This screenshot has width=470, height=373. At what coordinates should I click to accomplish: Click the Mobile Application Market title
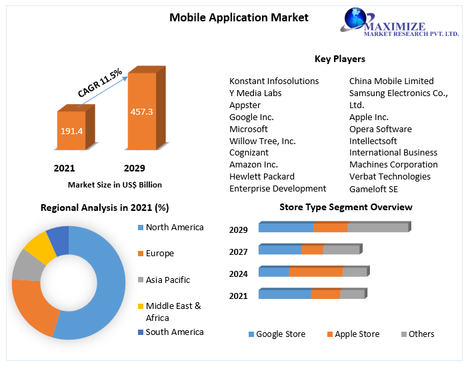pyautogui.click(x=239, y=17)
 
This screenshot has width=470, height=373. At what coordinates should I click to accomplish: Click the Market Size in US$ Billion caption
pyautogui.click(x=115, y=185)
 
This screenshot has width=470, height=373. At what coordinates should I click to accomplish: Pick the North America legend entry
pyautogui.click(x=174, y=228)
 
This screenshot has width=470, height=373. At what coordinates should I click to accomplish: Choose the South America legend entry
pyautogui.click(x=174, y=332)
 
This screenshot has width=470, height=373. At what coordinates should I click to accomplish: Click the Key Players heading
pyautogui.click(x=340, y=59)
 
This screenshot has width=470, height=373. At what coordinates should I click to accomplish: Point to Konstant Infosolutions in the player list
pyautogui.click(x=274, y=81)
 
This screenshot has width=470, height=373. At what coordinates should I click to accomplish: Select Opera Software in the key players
pyautogui.click(x=381, y=129)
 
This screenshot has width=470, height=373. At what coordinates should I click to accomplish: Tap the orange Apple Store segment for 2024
pyautogui.click(x=315, y=272)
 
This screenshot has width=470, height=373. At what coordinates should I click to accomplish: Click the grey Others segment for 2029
pyautogui.click(x=377, y=228)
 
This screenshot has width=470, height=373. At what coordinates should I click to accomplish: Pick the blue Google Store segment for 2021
pyautogui.click(x=285, y=294)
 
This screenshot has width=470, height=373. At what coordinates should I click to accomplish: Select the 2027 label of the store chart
pyautogui.click(x=238, y=252)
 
